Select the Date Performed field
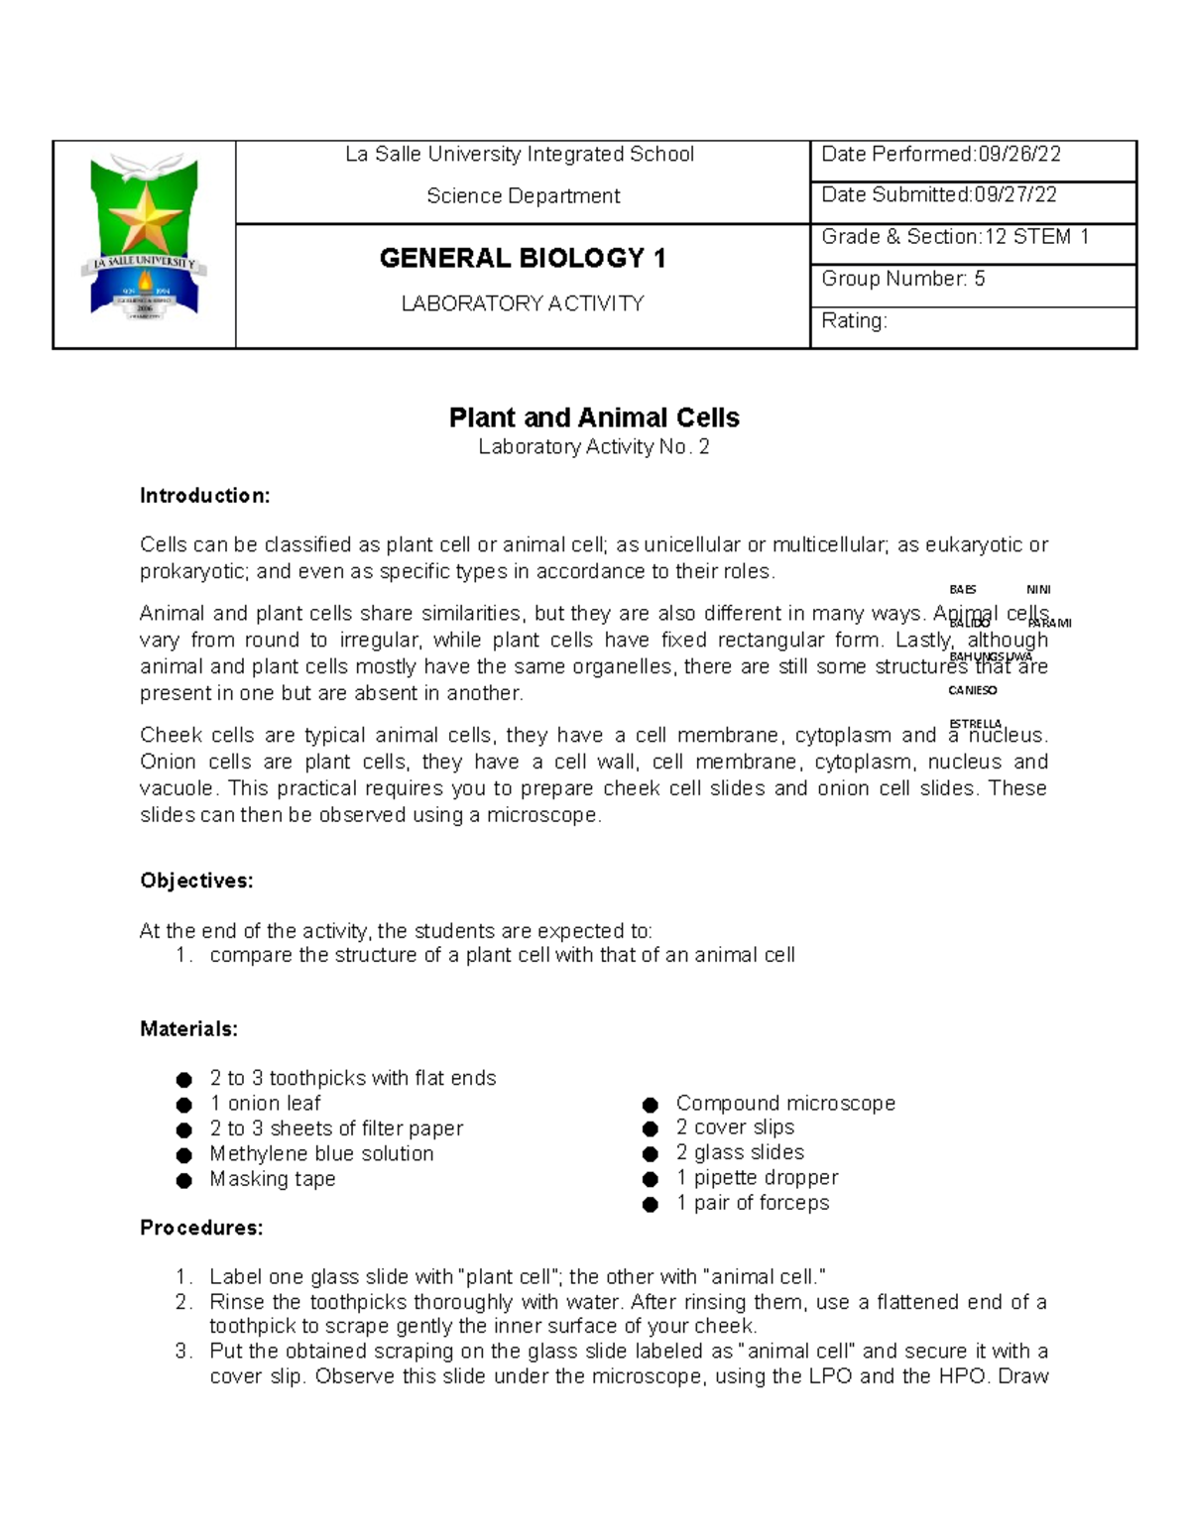click(972, 155)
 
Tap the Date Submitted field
click(972, 195)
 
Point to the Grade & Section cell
click(972, 237)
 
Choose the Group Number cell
click(972, 279)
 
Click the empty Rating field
click(972, 321)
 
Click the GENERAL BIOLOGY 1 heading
click(523, 259)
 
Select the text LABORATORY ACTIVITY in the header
click(523, 303)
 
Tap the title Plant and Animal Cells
click(594, 417)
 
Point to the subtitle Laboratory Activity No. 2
click(594, 447)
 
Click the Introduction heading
click(204, 496)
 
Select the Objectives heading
click(196, 881)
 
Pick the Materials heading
click(188, 1029)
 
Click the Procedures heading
click(201, 1228)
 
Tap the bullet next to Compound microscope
click(651, 1105)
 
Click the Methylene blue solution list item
click(321, 1154)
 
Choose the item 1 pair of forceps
click(753, 1203)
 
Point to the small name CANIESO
click(972, 690)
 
